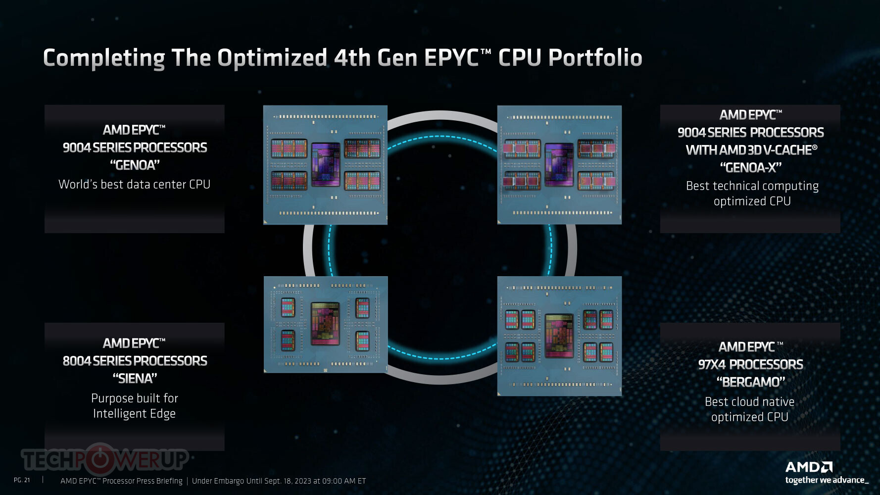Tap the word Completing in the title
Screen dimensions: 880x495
click(104, 58)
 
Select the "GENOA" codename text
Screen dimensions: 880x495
click(135, 165)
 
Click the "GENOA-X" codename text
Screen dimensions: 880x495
click(751, 167)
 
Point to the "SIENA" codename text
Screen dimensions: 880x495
click(135, 378)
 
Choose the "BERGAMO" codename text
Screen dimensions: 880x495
click(751, 382)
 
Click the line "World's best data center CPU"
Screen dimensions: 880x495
click(135, 184)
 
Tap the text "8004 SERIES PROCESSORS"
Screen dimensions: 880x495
click(135, 361)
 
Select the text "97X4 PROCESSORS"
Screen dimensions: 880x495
click(751, 364)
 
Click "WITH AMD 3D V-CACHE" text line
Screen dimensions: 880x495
click(751, 150)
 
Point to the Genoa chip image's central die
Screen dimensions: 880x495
click(326, 165)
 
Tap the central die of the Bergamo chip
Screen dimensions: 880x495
click(559, 335)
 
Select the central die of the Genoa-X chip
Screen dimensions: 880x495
click(559, 165)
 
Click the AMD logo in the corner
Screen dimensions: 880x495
click(809, 467)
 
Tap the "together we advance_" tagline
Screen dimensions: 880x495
click(827, 480)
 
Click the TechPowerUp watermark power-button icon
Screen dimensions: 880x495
click(100, 459)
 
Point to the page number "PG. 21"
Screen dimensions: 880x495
click(22, 480)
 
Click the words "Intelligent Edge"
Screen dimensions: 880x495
click(135, 413)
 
